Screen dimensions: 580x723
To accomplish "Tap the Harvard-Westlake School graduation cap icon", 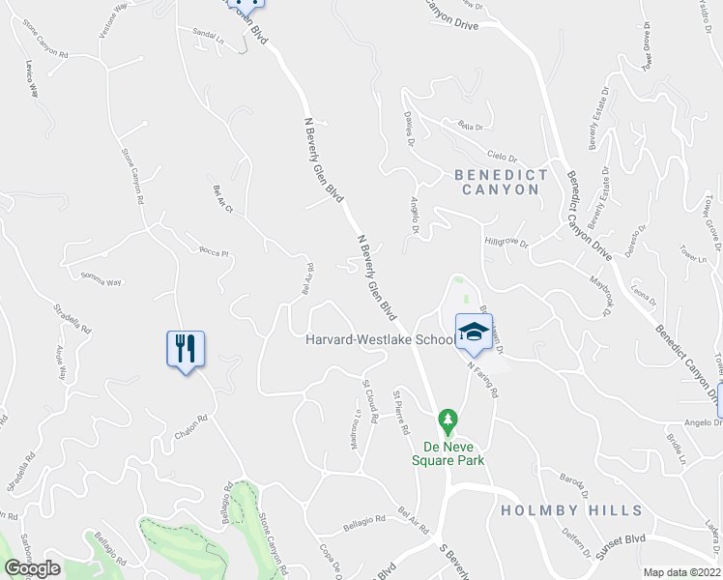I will click(x=473, y=333).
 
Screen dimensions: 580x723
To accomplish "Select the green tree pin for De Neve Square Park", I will click(x=447, y=420).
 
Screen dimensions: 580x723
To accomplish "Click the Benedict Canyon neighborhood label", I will click(x=501, y=183).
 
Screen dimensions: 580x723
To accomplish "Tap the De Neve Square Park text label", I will click(x=452, y=453).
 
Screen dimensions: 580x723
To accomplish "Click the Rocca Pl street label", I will click(x=212, y=254).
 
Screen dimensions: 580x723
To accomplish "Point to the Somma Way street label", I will click(x=101, y=281).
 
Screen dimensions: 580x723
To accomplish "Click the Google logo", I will click(x=32, y=568).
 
